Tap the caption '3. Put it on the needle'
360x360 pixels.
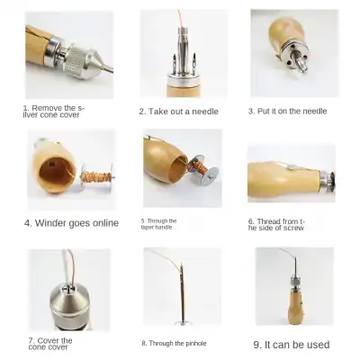287,112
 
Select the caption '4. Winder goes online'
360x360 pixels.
71,223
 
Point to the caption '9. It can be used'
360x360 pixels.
291,344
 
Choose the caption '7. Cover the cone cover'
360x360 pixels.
51,343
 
